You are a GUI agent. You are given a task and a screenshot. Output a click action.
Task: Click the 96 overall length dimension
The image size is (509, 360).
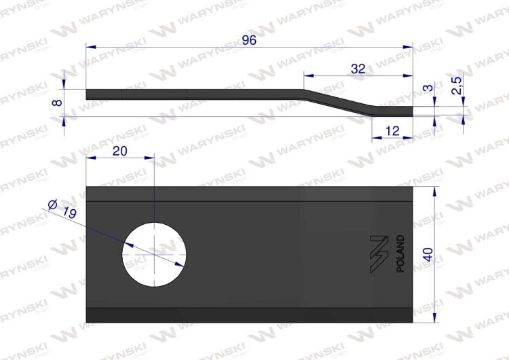[249, 40]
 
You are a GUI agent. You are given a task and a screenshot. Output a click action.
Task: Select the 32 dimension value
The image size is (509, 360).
[358, 68]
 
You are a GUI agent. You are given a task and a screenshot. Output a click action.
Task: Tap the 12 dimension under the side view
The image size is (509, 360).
[392, 130]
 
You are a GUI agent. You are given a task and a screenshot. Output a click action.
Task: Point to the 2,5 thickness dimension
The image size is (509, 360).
[457, 86]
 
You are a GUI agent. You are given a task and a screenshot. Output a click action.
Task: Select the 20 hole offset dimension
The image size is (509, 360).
[119, 151]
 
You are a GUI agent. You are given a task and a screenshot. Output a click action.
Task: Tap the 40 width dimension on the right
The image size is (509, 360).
[428, 255]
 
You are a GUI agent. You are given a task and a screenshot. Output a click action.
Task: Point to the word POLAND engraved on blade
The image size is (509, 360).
[400, 253]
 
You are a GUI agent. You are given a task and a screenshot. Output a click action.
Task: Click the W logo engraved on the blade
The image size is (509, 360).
[377, 254]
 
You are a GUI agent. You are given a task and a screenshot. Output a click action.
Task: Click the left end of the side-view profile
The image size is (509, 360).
[89, 94]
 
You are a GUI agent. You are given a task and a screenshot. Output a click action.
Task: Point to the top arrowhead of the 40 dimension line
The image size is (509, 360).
[434, 191]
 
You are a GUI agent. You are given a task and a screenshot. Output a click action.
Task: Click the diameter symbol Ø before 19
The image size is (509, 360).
[52, 202]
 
